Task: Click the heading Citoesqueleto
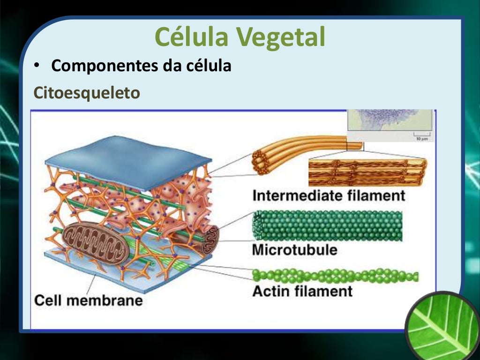(x=87, y=92)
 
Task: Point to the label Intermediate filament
(x=328, y=195)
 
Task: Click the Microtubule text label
(x=294, y=249)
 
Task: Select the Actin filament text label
(x=302, y=291)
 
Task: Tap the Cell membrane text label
(x=89, y=300)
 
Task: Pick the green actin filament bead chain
(x=335, y=276)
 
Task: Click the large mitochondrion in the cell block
(x=96, y=242)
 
